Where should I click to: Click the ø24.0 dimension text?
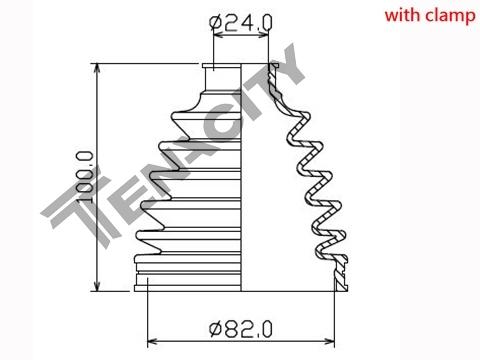coord(240,22)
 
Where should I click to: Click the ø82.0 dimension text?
coord(240,329)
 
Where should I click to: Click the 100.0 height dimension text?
coord(84,177)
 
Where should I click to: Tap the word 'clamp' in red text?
coord(451,17)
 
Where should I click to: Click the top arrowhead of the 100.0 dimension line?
coord(97,69)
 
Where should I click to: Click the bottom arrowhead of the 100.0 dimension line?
coord(97,285)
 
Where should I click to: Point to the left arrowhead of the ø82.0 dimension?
coord(153,342)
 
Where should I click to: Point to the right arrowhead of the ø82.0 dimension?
coord(328,342)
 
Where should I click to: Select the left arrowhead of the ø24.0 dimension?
coord(219,35)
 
